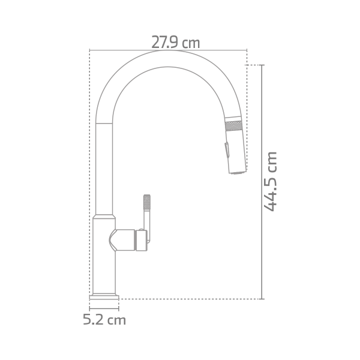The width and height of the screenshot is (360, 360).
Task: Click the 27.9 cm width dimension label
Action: coord(175,43)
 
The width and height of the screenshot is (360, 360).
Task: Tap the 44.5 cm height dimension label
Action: coord(272,181)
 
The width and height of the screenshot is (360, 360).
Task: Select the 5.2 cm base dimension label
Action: coord(104,320)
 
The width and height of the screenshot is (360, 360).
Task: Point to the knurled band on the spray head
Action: coord(233,125)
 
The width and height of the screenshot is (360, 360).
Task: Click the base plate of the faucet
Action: coord(104,296)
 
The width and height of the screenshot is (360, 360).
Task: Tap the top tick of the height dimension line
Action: coord(262,65)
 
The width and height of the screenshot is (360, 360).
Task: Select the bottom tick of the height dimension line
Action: coord(262,298)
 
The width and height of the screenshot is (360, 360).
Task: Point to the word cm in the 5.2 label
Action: coord(116,320)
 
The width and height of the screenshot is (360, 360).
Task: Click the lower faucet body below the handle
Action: coord(103,270)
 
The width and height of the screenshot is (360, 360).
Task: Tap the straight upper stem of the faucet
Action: coord(104,168)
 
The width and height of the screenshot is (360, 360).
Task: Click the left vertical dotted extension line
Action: coord(89,180)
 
